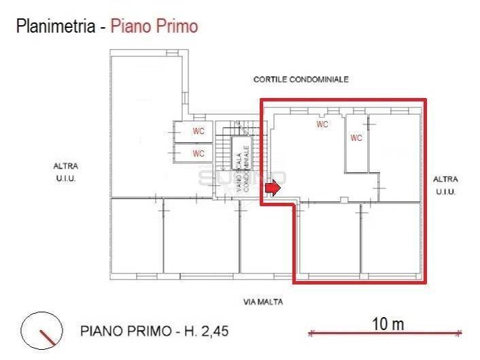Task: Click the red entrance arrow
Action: tap(272, 188)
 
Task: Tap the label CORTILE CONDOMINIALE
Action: tap(301, 80)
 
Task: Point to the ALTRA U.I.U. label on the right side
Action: tap(445, 185)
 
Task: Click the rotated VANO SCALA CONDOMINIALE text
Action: tap(243, 166)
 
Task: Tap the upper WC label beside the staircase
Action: tap(199, 131)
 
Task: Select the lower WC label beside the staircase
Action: tap(199, 154)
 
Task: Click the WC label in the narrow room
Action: tap(356, 137)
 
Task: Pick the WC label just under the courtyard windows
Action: tap(322, 125)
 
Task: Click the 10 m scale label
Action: tap(388, 324)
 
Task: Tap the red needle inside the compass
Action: tap(47, 336)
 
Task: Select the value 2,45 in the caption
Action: tap(212, 331)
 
